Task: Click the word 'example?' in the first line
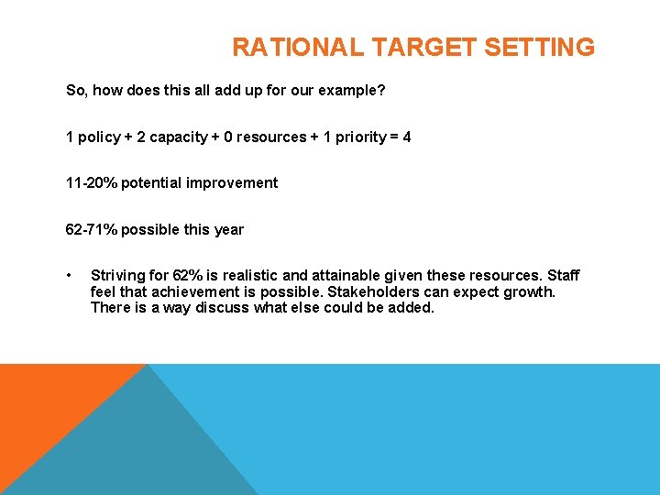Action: [352, 91]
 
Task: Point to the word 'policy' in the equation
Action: [99, 137]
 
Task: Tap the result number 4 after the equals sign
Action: [407, 137]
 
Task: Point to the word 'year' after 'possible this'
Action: [228, 229]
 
